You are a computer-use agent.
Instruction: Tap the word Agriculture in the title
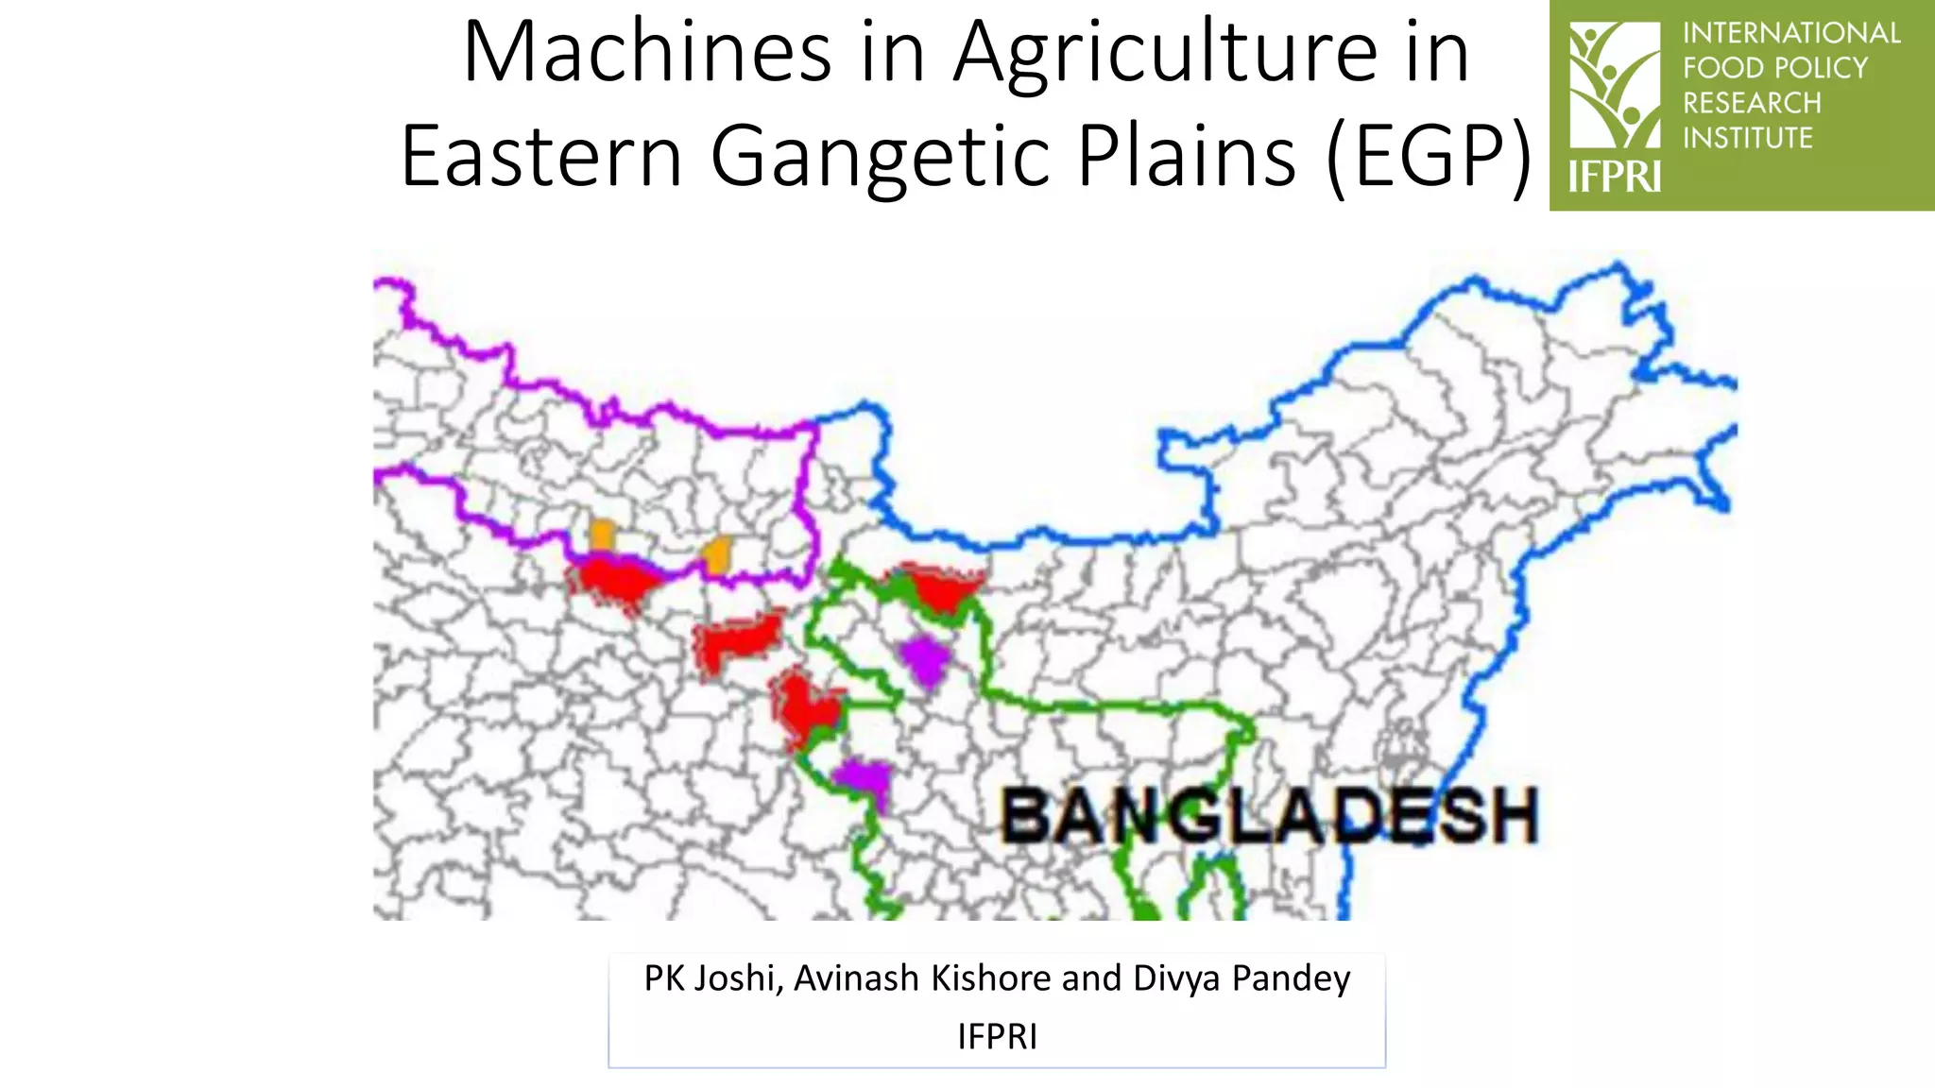click(x=1164, y=55)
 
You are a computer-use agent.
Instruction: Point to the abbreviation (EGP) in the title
click(x=1428, y=157)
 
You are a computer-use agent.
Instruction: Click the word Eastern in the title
click(x=541, y=157)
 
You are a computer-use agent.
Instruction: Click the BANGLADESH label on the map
click(x=1269, y=816)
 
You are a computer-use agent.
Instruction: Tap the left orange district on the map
click(x=601, y=535)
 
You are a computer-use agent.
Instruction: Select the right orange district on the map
click(x=718, y=554)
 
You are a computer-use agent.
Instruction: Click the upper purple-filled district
click(x=923, y=658)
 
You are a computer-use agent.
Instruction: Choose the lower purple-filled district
click(x=864, y=780)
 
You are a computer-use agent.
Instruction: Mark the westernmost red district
click(x=612, y=582)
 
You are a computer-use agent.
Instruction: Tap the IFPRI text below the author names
click(x=997, y=1037)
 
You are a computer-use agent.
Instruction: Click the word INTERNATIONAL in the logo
click(x=1790, y=33)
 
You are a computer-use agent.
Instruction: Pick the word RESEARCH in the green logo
click(x=1751, y=103)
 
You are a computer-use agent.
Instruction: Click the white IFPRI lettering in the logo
click(x=1614, y=177)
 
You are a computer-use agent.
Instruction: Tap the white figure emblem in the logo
click(x=1614, y=85)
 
